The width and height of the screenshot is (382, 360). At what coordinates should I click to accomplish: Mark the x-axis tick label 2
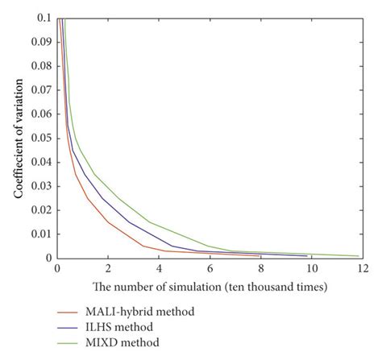pos(107,269)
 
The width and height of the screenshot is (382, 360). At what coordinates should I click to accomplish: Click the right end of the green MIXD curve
pos(358,256)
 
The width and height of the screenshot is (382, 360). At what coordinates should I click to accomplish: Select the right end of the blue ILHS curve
pos(307,257)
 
